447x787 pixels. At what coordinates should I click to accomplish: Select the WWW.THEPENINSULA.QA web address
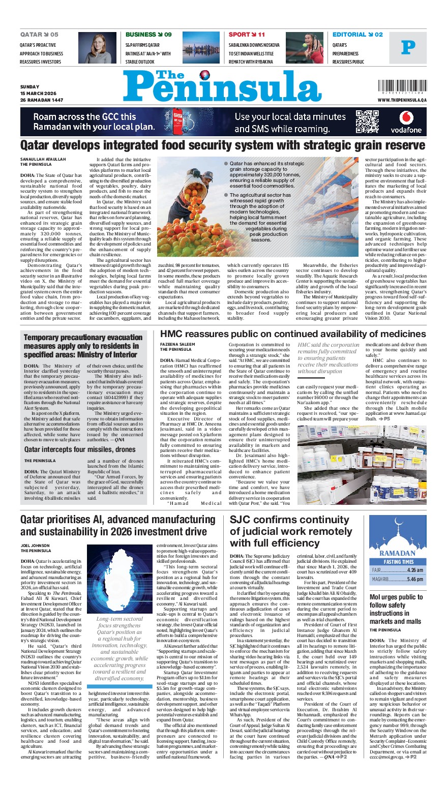pos(402,100)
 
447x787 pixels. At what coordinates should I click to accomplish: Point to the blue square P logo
pos(408,48)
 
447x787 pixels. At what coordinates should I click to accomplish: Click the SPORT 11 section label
pos(247,35)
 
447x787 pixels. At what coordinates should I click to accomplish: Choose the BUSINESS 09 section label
pos(148,35)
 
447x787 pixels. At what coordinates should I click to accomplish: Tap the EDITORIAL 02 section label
pos(357,35)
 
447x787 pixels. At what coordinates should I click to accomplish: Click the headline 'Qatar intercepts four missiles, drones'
pos(80,449)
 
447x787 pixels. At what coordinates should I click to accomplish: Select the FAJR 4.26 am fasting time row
pos(397,570)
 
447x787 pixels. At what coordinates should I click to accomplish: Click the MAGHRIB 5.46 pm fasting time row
pos(397,579)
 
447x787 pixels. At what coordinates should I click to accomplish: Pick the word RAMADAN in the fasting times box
pos(397,553)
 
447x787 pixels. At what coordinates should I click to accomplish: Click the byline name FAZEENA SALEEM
pos(176,344)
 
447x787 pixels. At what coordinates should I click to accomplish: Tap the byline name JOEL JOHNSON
pos(36,546)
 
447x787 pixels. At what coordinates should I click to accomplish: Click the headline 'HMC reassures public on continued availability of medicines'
pos(293,334)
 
